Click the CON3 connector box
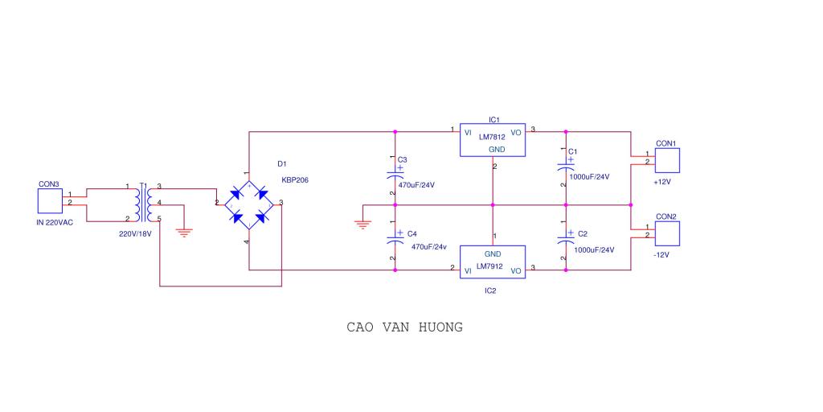pyautogui.click(x=50, y=201)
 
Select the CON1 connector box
pyautogui.click(x=667, y=160)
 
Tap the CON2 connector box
pyautogui.click(x=667, y=233)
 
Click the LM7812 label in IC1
pyautogui.click(x=492, y=137)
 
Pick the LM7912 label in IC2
pyautogui.click(x=489, y=266)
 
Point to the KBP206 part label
pyautogui.click(x=295, y=179)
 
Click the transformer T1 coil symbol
pyautogui.click(x=144, y=204)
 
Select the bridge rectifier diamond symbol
pyautogui.click(x=249, y=205)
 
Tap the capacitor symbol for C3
pyautogui.click(x=395, y=174)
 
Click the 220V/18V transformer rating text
pyautogui.click(x=135, y=234)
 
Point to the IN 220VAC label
pyautogui.click(x=55, y=222)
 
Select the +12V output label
pyautogui.click(x=662, y=182)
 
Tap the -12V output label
pyautogui.click(x=661, y=255)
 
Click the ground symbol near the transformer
pyautogui.click(x=184, y=233)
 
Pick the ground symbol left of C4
pyautogui.click(x=362, y=225)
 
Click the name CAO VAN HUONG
pyautogui.click(x=405, y=328)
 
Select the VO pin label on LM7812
pyautogui.click(x=516, y=133)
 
